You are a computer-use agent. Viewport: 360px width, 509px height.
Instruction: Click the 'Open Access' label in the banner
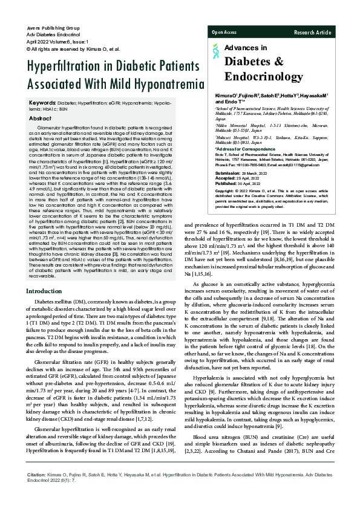coord(224,31)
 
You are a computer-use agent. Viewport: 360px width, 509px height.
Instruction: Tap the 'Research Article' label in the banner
coord(312,31)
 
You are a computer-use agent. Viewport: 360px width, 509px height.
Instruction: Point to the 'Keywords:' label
coord(43,103)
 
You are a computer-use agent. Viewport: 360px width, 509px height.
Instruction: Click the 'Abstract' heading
coord(40,119)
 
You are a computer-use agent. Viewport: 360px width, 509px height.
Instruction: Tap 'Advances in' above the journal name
coord(245,47)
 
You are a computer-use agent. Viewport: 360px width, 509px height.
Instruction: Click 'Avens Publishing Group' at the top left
coord(54,28)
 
